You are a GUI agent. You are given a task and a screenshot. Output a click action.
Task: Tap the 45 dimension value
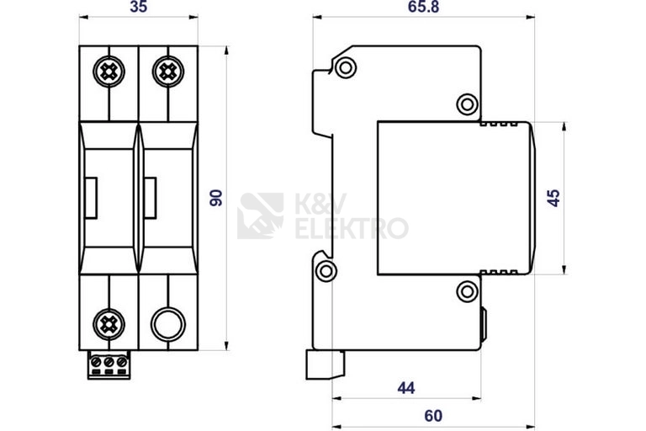(x=553, y=199)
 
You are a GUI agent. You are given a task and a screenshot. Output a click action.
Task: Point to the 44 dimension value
(x=407, y=387)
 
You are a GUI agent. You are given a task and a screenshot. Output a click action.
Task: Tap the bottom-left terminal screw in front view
(x=109, y=323)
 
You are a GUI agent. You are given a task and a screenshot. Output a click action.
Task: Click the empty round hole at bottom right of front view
(x=167, y=323)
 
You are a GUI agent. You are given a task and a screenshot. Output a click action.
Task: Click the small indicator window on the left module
(x=92, y=198)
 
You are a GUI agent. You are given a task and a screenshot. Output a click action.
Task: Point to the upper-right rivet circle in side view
(x=466, y=104)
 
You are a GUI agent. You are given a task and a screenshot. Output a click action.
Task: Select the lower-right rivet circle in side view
(x=466, y=292)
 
